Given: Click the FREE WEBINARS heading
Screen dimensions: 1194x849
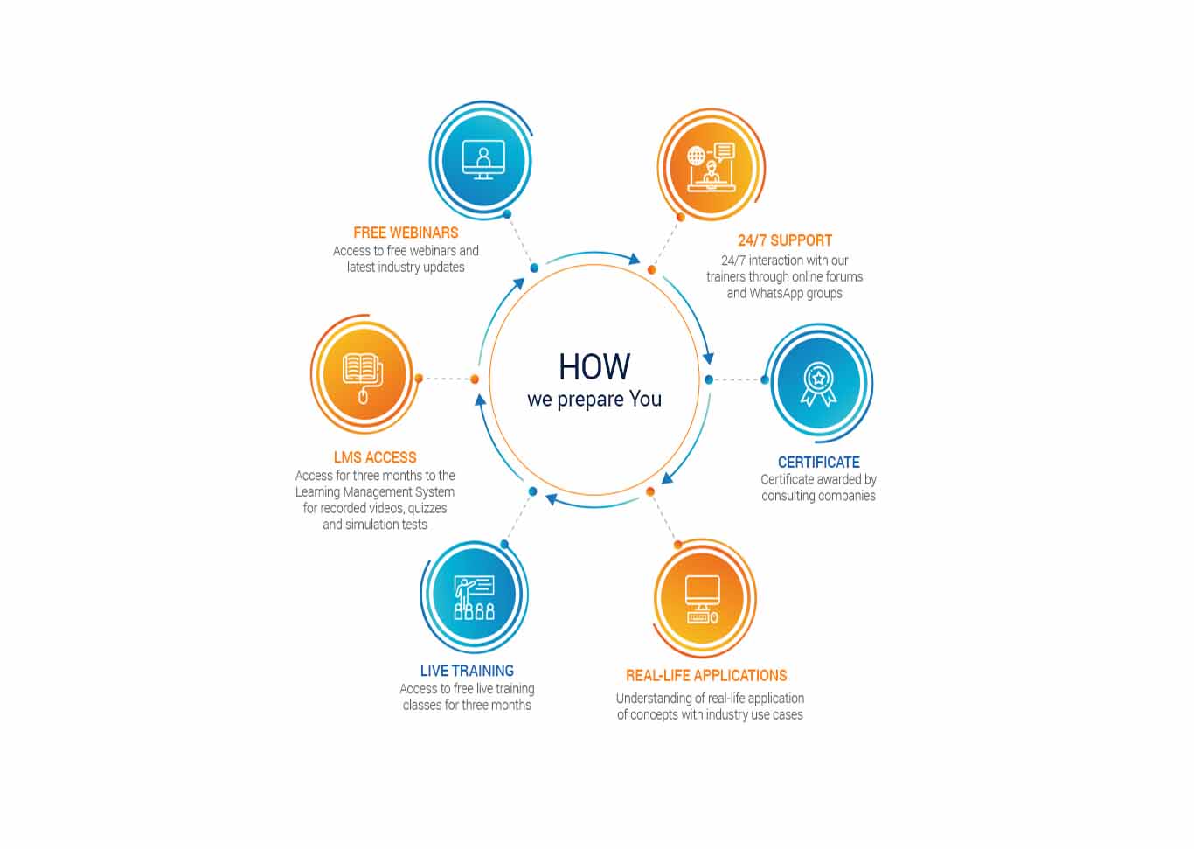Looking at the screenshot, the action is pyautogui.click(x=406, y=233).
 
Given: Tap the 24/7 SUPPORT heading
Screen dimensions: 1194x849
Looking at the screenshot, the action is pyautogui.click(x=785, y=240).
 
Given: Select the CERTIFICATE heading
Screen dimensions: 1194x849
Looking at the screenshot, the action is pyautogui.click(x=819, y=462).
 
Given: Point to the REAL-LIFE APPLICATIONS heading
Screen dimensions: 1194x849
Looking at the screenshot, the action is pyautogui.click(x=706, y=675).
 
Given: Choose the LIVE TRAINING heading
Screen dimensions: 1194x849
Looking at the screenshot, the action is pyautogui.click(x=467, y=671).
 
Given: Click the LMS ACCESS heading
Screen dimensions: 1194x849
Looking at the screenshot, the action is pyautogui.click(x=375, y=457).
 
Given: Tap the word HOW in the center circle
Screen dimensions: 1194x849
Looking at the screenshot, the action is pyautogui.click(x=594, y=367).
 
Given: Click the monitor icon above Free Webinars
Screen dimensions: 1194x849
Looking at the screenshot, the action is pyautogui.click(x=483, y=160).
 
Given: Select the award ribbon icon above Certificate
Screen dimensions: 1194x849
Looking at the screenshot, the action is pyautogui.click(x=819, y=385).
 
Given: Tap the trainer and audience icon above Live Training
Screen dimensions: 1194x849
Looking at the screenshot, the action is pyautogui.click(x=474, y=597).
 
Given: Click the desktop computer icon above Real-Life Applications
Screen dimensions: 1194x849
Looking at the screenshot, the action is pyautogui.click(x=703, y=600).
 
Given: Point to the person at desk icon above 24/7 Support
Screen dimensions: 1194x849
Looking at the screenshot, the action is pyautogui.click(x=712, y=167).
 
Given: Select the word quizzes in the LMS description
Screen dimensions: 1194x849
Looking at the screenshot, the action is pyautogui.click(x=427, y=508).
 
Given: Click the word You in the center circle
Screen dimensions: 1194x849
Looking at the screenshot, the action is pyautogui.click(x=645, y=399).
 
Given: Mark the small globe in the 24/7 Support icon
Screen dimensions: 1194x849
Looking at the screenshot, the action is pyautogui.click(x=696, y=156).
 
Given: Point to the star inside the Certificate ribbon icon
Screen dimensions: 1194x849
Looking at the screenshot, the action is pyautogui.click(x=819, y=378).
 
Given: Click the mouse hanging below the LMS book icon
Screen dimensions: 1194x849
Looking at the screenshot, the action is pyautogui.click(x=363, y=397).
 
